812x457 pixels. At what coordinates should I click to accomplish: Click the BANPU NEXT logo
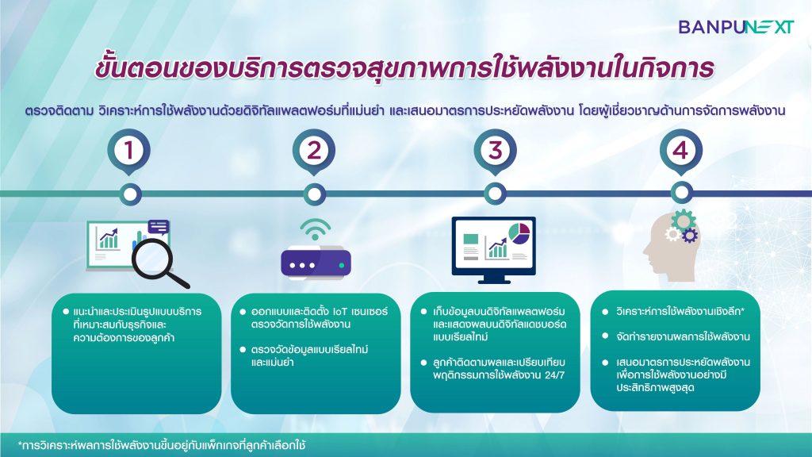coord(736,27)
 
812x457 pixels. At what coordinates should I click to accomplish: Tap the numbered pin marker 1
coord(129,152)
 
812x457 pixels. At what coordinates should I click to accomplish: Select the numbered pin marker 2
coord(314,152)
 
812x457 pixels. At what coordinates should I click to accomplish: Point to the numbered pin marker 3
coord(495,152)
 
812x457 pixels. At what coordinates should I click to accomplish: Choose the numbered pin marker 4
coord(680,152)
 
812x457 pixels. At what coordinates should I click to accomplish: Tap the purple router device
coord(316,263)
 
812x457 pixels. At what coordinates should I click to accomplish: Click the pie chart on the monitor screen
coord(519,232)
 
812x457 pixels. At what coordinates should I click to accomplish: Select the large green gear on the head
coord(684,221)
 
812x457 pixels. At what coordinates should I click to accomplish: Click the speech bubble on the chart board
coord(159,227)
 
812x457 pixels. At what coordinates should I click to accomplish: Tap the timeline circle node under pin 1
coord(130,194)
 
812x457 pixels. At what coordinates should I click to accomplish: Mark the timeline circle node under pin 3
coord(495,194)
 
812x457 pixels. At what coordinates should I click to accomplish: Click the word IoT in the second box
coord(339,311)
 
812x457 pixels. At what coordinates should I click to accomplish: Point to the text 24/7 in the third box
coord(554,374)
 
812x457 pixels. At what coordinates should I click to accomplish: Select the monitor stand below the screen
coord(493,280)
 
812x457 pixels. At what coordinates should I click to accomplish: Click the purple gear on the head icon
coord(689,236)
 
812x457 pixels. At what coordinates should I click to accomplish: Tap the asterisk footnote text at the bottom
coord(162,445)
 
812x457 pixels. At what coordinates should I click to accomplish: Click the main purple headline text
coord(404,69)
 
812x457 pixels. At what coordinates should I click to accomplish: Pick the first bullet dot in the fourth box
coord(605,311)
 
